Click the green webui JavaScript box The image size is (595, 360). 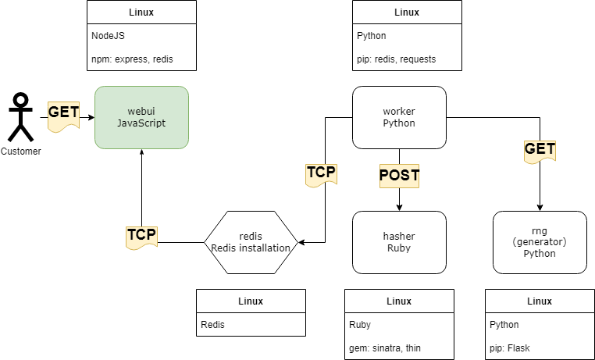pos(141,117)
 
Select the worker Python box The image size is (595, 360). pos(399,117)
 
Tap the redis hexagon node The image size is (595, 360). pos(251,242)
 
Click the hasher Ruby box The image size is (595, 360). pos(399,242)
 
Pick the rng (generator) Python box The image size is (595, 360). pos(540,242)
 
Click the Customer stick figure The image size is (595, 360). pos(21,117)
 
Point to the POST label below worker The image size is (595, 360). pos(399,176)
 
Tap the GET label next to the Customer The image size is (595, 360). pos(63,112)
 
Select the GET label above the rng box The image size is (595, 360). pos(540,149)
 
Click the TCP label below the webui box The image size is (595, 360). pos(141,234)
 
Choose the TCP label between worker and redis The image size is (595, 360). pos(321,173)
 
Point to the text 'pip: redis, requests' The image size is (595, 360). pos(396,59)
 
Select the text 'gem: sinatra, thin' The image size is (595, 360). pos(388,348)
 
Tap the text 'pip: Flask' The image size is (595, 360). pos(509,348)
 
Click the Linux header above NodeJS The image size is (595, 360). pos(141,12)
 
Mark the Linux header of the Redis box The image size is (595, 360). pos(251,301)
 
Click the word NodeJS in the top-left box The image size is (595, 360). pos(108,36)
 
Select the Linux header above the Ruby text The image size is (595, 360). pos(399,301)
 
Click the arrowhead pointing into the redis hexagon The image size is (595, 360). pos(302,242)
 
